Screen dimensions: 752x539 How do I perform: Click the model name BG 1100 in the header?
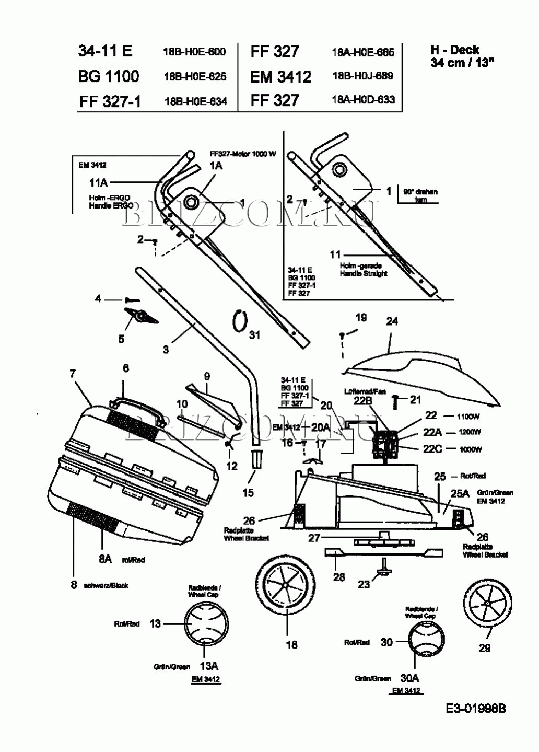pos(109,76)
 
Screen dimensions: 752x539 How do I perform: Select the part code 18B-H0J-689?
pos(362,76)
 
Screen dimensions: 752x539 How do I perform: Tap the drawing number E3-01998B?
pos(475,709)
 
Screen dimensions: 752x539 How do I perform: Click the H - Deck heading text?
pos(455,50)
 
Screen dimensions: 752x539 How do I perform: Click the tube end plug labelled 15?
pos(256,459)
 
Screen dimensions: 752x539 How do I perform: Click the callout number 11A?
pos(98,182)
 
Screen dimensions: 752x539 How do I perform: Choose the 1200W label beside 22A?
pos(470,432)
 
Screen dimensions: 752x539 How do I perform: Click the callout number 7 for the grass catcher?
pos(73,373)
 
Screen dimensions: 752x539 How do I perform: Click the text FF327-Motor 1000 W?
pos(242,154)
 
